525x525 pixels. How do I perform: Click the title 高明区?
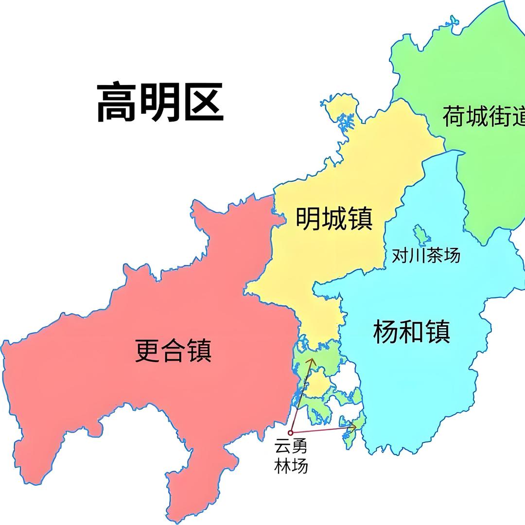coord(160,103)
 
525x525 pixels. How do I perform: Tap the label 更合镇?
coord(173,350)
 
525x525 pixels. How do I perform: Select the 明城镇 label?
coord(334,219)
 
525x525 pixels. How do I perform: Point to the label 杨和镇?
coord(411,332)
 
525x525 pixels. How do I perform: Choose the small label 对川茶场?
coord(426,255)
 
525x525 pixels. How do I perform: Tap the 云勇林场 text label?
coord(291,455)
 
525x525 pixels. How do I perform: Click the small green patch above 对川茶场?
coord(421,235)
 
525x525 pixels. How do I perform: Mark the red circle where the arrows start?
coord(290,432)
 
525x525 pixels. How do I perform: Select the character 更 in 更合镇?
coord(147,350)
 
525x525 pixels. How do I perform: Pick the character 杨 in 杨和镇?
coord(385,332)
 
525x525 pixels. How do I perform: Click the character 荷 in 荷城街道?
coord(453,117)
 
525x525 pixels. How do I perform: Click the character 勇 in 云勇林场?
coord(299,446)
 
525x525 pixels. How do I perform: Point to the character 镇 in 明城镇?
coord(360,219)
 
